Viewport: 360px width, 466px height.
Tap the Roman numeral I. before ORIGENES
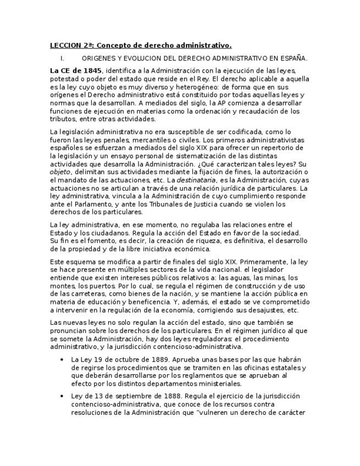63,58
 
